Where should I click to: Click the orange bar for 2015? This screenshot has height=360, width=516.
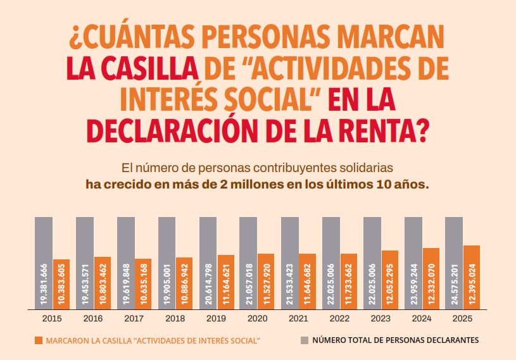click(61, 284)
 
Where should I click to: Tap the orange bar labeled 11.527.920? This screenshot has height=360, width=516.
click(266, 282)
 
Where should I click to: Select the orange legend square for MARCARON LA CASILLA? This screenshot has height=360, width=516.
click(39, 340)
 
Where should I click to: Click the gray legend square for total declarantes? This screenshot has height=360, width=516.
click(304, 340)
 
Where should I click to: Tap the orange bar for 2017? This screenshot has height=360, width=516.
click(143, 284)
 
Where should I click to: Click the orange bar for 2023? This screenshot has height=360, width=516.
click(390, 280)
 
